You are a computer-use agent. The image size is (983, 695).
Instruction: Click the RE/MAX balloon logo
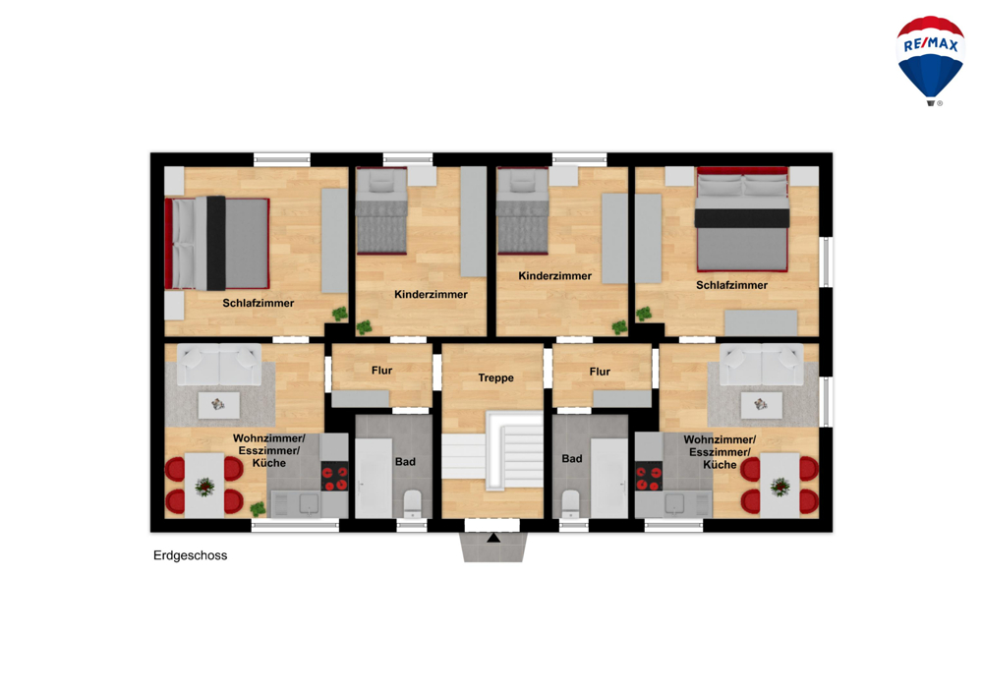tap(930, 60)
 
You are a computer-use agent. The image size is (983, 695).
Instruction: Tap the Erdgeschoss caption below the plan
tap(190, 555)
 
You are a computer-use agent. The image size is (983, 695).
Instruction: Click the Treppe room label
tap(495, 377)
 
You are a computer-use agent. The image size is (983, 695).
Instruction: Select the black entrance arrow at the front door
tap(493, 538)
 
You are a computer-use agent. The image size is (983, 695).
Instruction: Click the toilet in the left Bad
tap(413, 504)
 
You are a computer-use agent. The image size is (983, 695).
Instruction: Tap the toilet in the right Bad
tap(570, 504)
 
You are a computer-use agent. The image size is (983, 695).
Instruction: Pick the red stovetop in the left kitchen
tap(335, 477)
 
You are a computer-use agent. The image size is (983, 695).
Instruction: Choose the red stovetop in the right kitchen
tap(649, 477)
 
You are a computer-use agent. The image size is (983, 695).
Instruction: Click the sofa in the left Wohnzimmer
tap(219, 364)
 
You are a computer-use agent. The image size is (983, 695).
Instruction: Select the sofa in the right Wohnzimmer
tap(761, 364)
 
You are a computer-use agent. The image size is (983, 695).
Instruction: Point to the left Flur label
tap(381, 371)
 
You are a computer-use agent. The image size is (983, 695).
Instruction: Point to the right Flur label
tap(600, 372)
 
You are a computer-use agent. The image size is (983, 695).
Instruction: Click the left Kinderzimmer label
tap(431, 295)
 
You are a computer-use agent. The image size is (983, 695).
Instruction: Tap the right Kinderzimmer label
tap(554, 276)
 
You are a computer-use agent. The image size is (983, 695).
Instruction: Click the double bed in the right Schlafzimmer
tap(742, 218)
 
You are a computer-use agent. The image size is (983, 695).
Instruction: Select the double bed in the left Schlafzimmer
tap(217, 243)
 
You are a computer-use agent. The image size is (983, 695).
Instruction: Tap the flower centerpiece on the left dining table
tap(204, 486)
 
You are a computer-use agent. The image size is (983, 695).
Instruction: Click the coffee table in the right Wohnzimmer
tap(761, 405)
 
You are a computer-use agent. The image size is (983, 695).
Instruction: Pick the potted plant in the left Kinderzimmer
tap(364, 327)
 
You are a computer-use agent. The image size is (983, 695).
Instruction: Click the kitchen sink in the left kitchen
tap(309, 503)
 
